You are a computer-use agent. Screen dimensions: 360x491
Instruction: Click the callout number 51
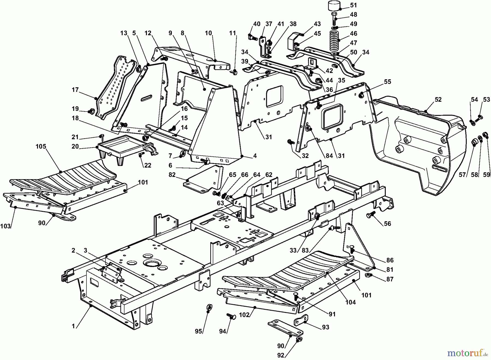point(354,5)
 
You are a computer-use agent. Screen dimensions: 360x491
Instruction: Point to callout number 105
point(41,147)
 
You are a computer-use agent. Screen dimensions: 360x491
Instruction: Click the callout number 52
point(438,100)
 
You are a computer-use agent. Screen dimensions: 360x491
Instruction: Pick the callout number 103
point(5,226)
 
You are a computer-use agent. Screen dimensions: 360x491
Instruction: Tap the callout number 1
point(73,326)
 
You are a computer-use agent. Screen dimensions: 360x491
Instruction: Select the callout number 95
point(198,331)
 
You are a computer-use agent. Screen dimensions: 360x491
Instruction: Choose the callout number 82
point(172,175)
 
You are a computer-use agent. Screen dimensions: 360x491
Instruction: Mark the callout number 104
point(351,302)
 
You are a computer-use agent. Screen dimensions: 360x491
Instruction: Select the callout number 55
point(387,82)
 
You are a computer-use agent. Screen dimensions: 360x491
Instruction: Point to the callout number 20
point(75,147)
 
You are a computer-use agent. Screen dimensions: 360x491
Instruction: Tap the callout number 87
point(390,279)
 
